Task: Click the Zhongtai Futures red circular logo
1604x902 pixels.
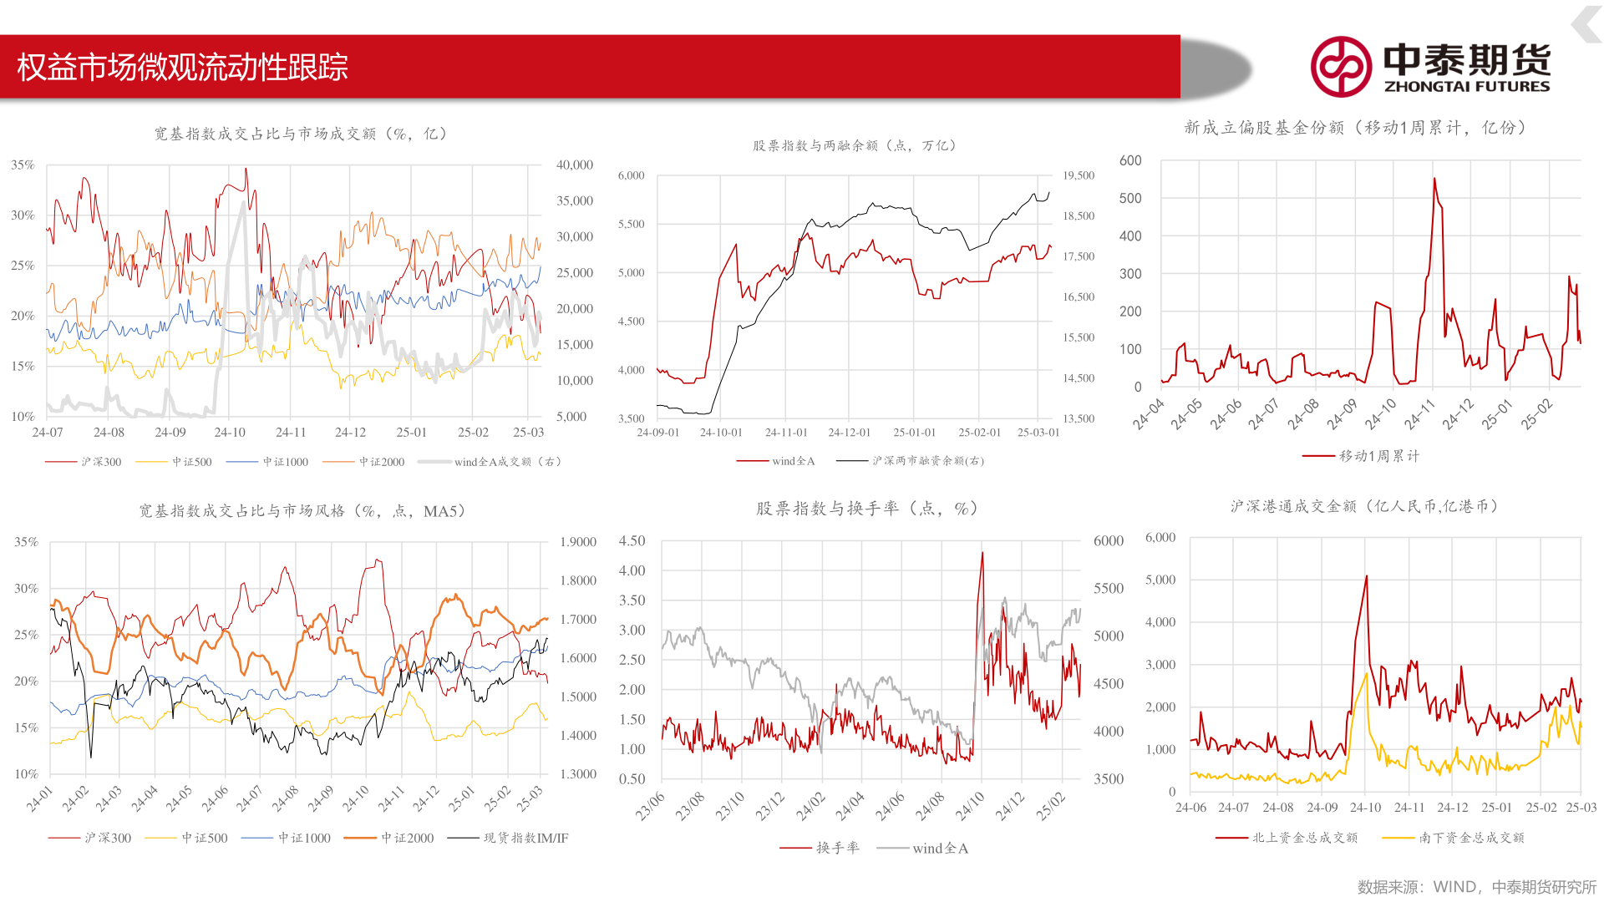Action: click(1340, 67)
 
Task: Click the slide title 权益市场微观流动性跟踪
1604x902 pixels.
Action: click(182, 67)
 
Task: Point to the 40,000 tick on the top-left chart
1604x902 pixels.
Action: click(575, 165)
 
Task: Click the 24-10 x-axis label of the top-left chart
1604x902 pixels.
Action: click(230, 433)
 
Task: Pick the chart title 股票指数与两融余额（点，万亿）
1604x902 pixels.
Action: click(854, 145)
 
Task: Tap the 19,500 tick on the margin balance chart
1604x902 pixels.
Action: click(1079, 175)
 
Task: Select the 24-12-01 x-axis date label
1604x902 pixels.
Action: click(849, 433)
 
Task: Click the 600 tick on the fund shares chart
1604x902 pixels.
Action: click(1130, 160)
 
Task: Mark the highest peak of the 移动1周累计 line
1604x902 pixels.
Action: click(1434, 178)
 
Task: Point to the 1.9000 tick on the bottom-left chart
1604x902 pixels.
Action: click(578, 542)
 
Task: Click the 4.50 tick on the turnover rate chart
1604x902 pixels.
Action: click(632, 541)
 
